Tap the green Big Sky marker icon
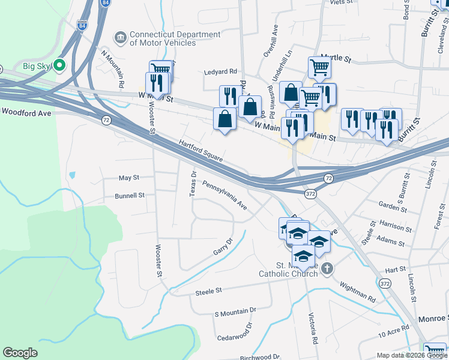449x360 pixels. point(59,65)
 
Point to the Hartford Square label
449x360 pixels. point(201,151)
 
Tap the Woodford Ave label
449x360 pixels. point(26,112)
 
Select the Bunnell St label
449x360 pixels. point(130,196)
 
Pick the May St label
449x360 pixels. point(128,178)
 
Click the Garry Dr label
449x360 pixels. point(222,246)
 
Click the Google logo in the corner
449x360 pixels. point(20,353)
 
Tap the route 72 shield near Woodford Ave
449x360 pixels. point(106,121)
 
